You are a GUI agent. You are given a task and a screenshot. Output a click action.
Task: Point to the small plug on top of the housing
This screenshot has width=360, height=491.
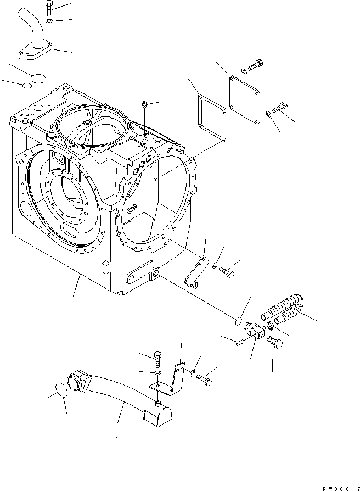click(x=144, y=104)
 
